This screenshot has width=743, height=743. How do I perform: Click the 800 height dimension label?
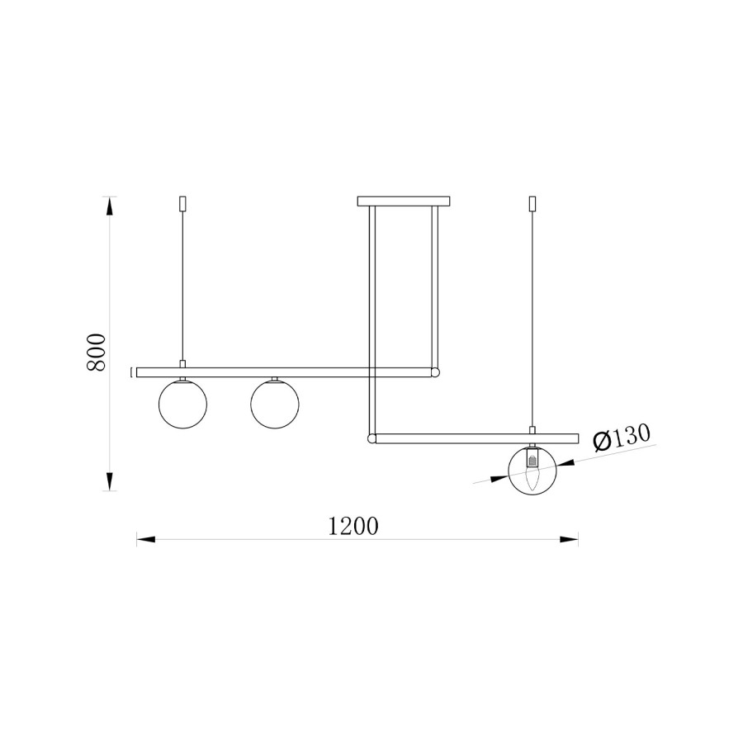(x=97, y=352)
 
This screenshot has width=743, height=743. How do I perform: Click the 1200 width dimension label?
(x=353, y=526)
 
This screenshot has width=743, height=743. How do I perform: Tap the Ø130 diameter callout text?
(x=622, y=437)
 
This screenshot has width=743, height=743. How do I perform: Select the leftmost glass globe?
(x=182, y=405)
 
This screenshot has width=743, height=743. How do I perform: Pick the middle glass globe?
(x=274, y=405)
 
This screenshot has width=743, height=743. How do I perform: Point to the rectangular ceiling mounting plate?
(x=403, y=201)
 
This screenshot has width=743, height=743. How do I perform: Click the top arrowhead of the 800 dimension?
(x=110, y=206)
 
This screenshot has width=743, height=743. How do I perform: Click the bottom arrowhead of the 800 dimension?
(x=110, y=481)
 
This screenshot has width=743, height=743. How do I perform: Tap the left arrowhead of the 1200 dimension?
(x=146, y=539)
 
